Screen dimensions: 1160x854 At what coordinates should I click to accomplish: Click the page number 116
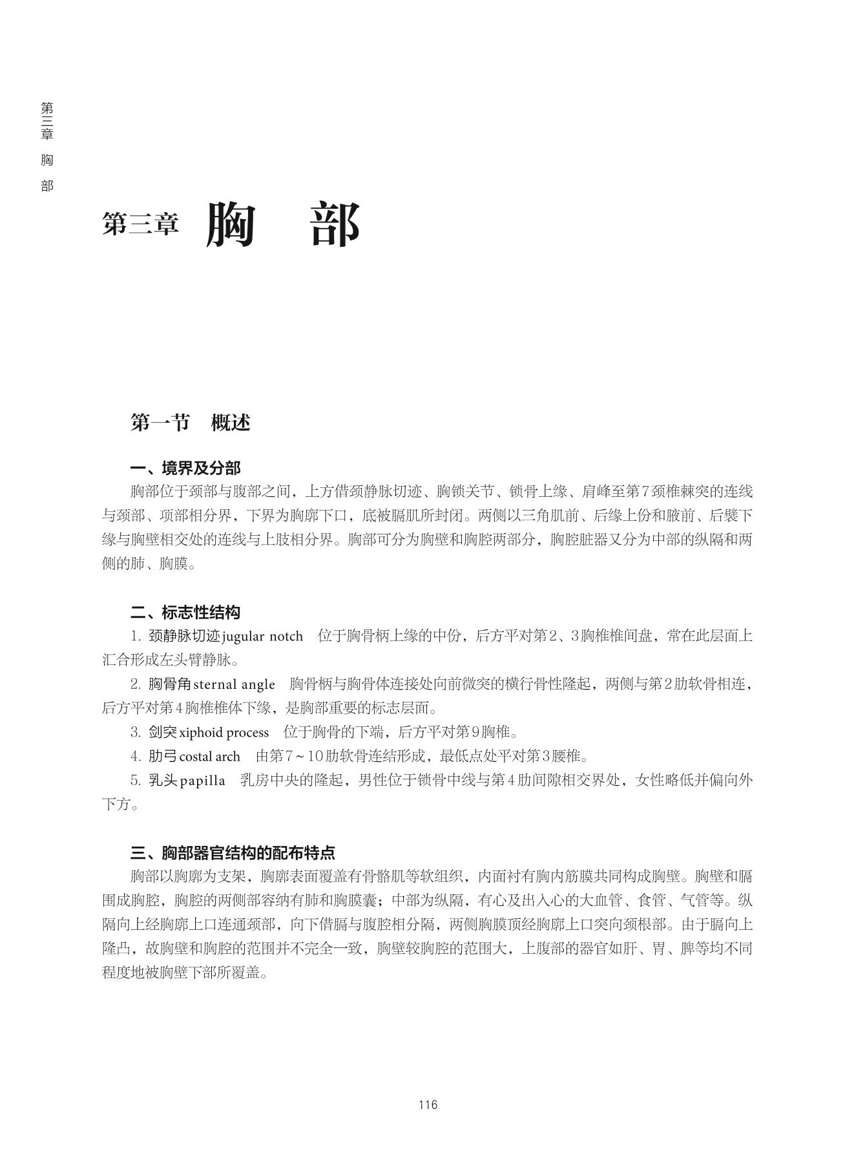428,1104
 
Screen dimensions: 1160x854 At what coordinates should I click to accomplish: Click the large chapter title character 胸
231,224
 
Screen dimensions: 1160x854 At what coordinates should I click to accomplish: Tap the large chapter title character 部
335,224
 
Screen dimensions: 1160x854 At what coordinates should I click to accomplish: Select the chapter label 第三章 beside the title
140,224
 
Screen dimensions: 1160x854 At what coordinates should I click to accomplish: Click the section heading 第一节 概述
190,423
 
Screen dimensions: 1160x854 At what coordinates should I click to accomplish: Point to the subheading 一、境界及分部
185,468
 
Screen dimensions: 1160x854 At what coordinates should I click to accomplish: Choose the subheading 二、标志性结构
185,612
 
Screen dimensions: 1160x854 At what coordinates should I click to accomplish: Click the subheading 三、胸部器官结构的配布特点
233,852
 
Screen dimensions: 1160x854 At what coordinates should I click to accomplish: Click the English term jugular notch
262,637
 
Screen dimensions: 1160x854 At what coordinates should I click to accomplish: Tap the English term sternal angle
234,684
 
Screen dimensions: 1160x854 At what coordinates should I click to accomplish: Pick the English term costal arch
209,756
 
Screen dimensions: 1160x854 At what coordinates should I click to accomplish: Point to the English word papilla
203,781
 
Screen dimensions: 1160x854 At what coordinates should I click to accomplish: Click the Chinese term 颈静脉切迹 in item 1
184,636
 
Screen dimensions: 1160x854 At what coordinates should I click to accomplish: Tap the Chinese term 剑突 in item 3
163,732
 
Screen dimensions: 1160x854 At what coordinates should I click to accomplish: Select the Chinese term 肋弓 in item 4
163,756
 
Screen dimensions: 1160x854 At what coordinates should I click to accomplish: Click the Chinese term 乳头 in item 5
163,781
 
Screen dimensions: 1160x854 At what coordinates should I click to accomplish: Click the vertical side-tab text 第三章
47,121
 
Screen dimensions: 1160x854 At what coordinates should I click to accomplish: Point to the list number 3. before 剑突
136,732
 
